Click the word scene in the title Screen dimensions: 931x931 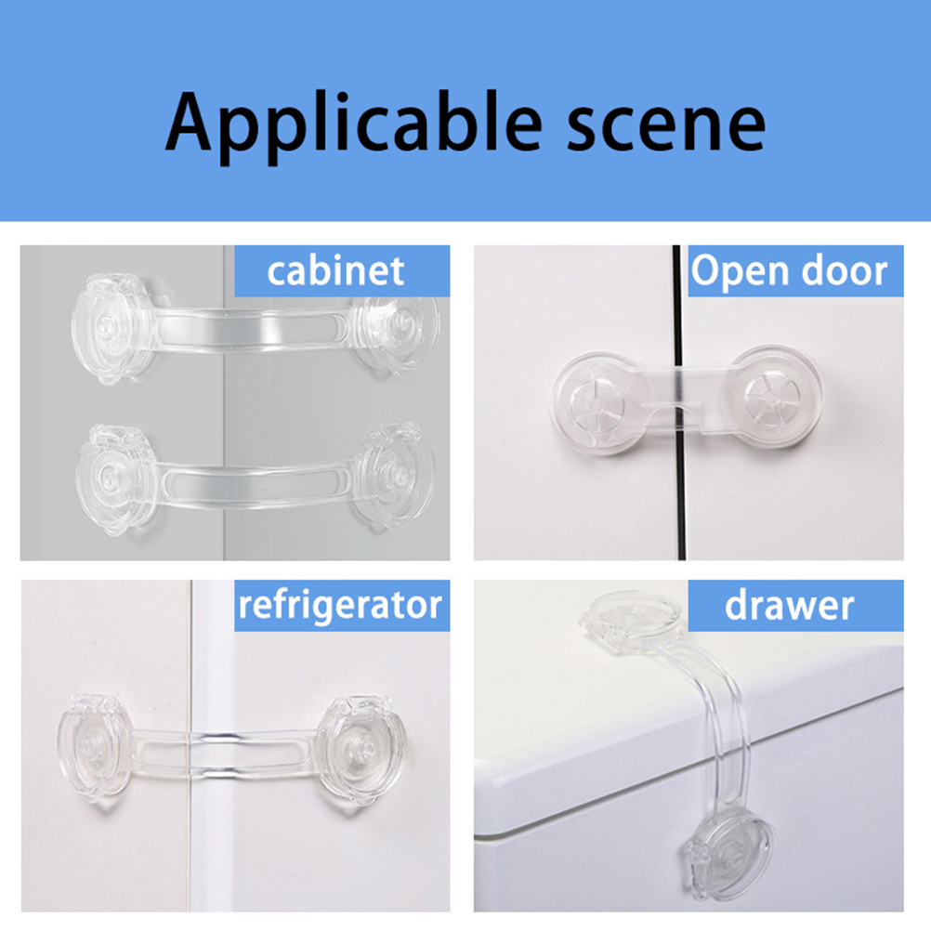coord(665,126)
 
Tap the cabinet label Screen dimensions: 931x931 coord(336,271)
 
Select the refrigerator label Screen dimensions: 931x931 coord(340,605)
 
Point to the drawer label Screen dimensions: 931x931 coord(790,606)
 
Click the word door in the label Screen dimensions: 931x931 coord(845,270)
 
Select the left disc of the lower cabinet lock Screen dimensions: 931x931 coord(116,479)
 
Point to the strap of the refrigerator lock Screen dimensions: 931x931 coord(225,754)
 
